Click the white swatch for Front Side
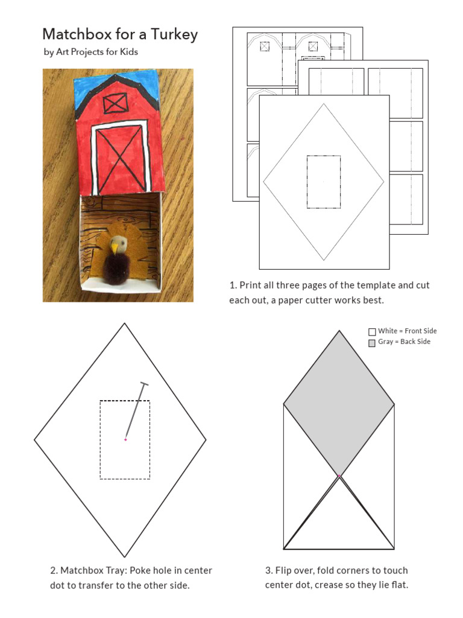372,331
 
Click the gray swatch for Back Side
372,343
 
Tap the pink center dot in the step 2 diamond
125,439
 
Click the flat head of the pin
144,384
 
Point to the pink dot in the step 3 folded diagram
339,476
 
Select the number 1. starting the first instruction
233,285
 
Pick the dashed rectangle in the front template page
324,182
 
